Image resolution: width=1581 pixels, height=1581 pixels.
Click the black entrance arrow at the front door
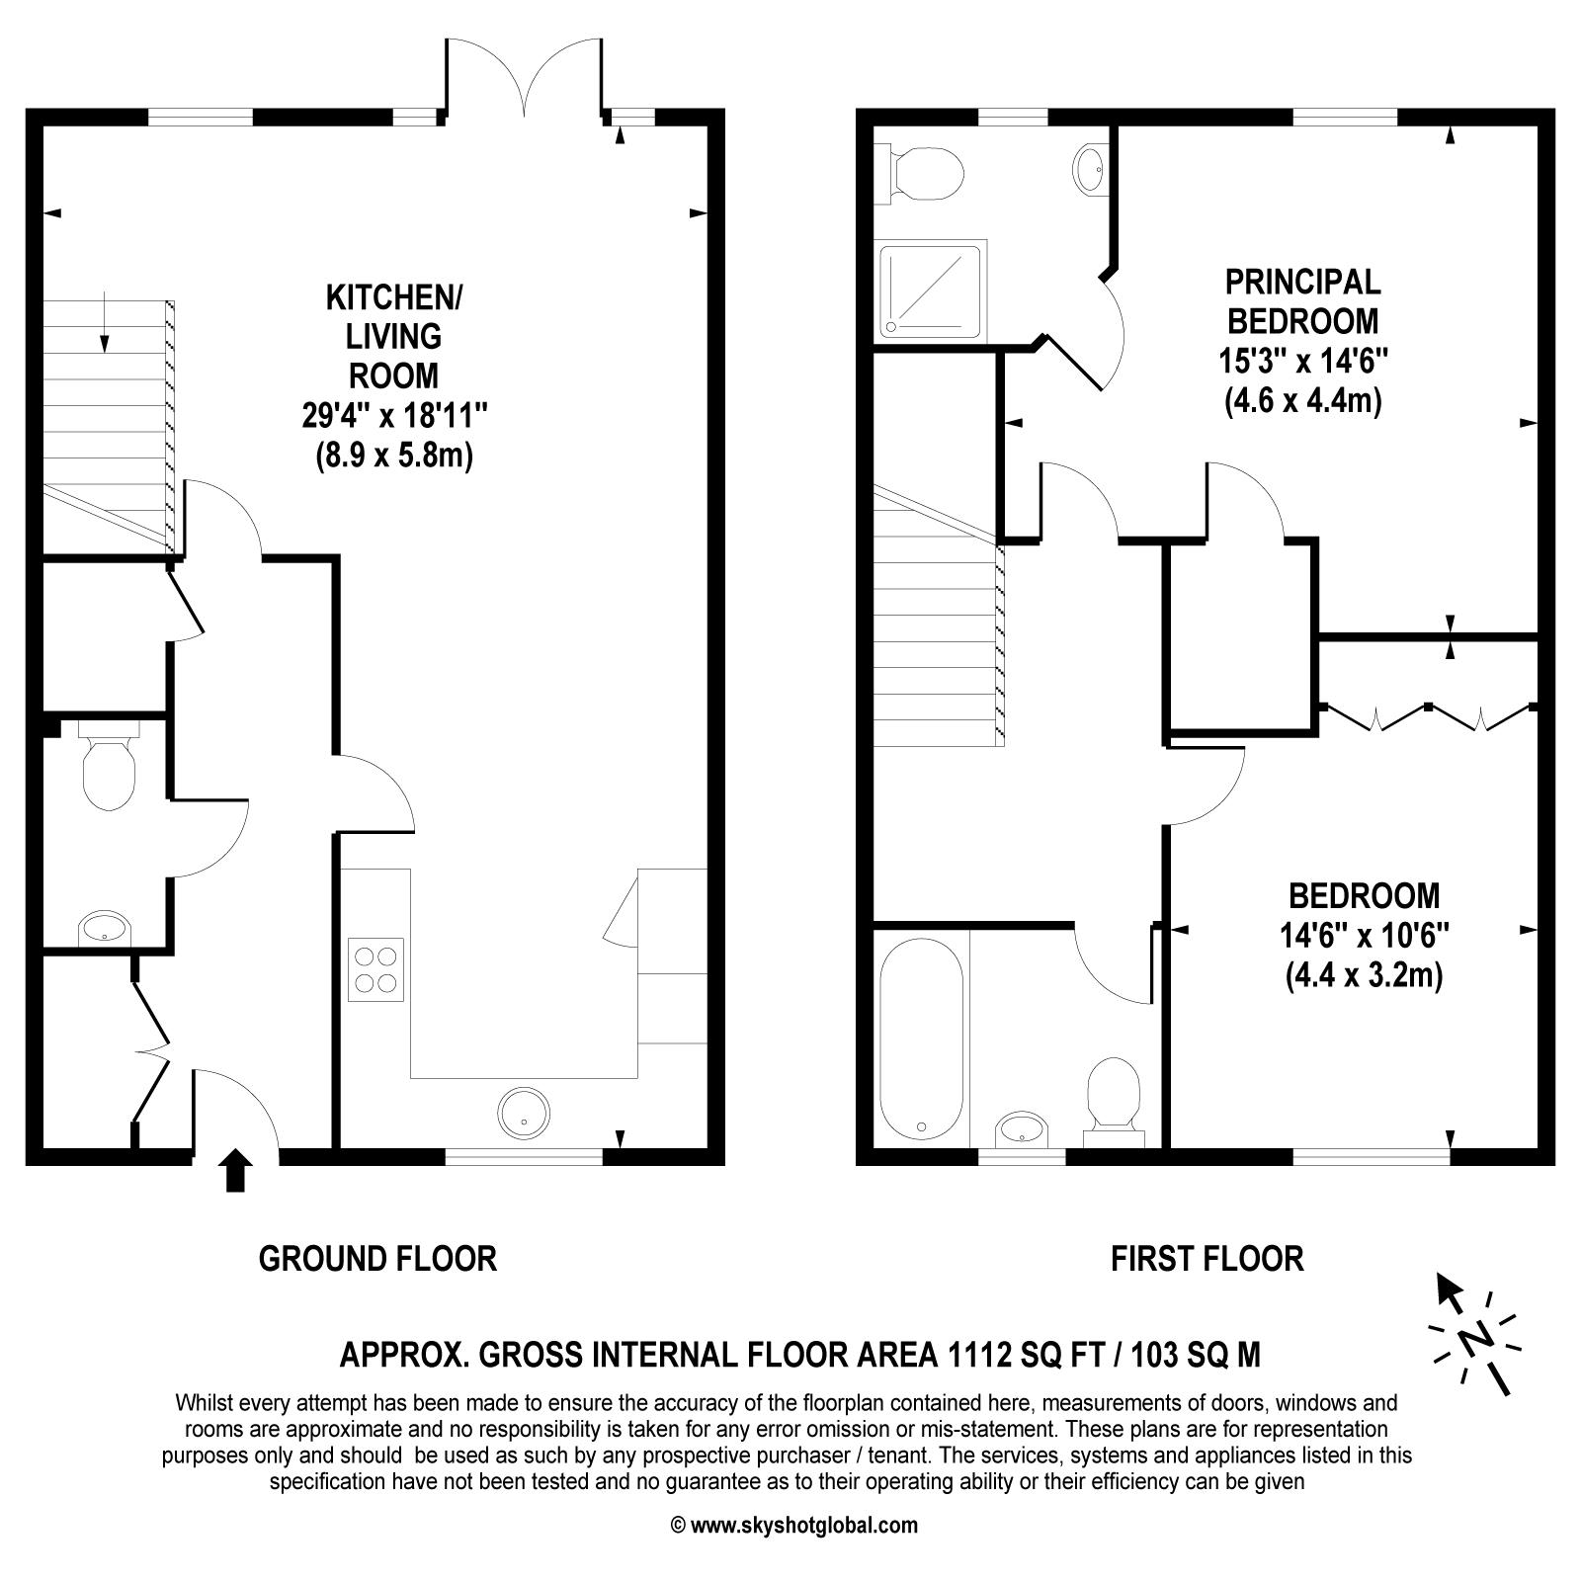pyautogui.click(x=235, y=1171)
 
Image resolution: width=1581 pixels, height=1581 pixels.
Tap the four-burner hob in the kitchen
pyautogui.click(x=375, y=969)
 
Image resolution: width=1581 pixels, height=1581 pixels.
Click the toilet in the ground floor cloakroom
pyautogui.click(x=108, y=765)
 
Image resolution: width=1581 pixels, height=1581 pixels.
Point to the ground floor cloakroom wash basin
pyautogui.click(x=104, y=929)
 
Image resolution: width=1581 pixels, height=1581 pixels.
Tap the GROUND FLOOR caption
pyautogui.click(x=377, y=1259)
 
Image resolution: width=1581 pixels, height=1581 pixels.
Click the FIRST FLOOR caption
pyautogui.click(x=1207, y=1259)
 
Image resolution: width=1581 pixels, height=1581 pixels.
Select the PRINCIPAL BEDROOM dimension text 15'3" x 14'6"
pyautogui.click(x=1303, y=361)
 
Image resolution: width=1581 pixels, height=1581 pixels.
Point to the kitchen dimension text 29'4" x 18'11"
pyautogui.click(x=394, y=416)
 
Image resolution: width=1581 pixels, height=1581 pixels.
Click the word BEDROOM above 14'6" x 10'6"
pyautogui.click(x=1365, y=896)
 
